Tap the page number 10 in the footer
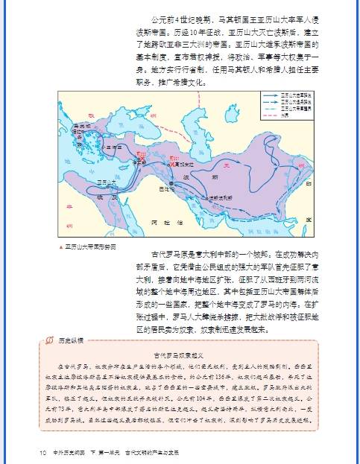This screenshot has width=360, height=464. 44,451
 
